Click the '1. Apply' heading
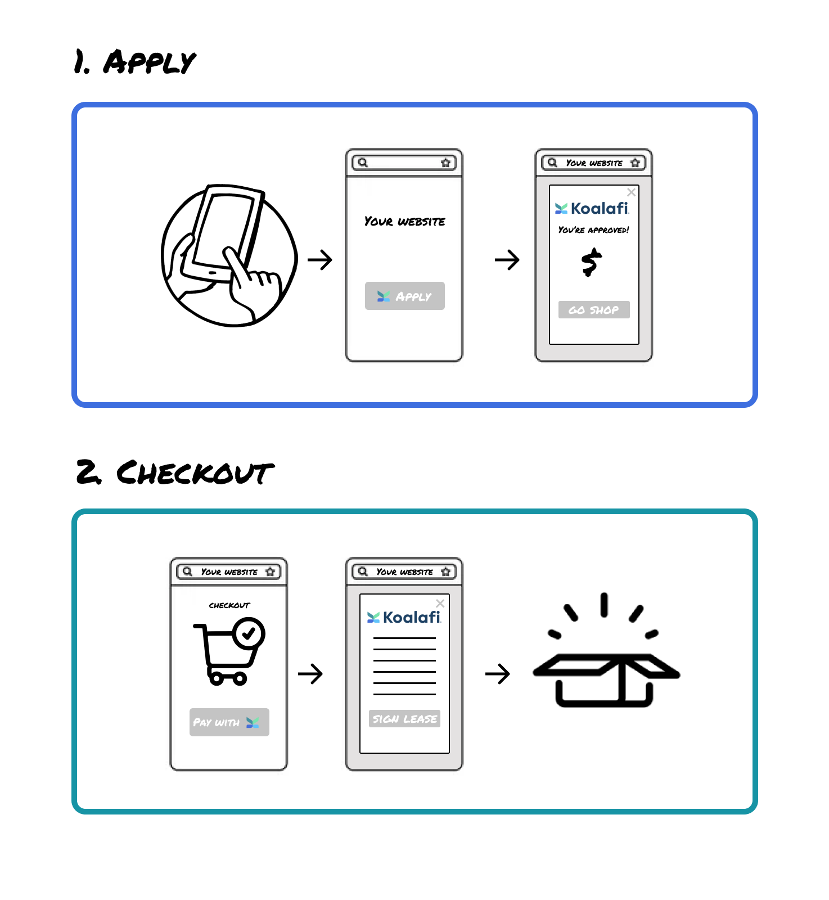click(x=135, y=62)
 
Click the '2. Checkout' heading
click(x=175, y=472)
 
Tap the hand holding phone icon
click(x=229, y=255)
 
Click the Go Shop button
click(x=594, y=310)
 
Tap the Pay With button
click(x=229, y=722)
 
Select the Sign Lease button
click(x=404, y=719)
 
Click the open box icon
click(x=606, y=650)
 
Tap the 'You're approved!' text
click(x=593, y=230)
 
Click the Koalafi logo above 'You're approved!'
click(x=592, y=209)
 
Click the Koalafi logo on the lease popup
click(x=404, y=618)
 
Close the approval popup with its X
click(x=632, y=192)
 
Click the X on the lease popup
click(x=440, y=604)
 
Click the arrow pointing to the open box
click(x=498, y=673)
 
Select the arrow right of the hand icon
click(x=320, y=260)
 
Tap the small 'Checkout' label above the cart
click(x=229, y=605)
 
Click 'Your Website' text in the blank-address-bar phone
click(x=404, y=222)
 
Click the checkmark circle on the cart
click(x=249, y=633)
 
